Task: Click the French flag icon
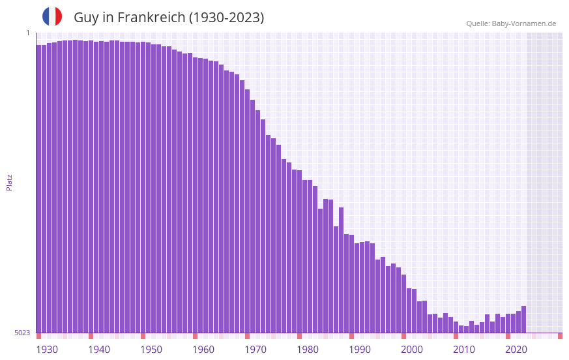52,16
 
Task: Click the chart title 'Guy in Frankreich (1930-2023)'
169,18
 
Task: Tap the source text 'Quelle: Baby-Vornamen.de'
511,23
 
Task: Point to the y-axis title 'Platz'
9,182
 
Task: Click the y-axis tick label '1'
27,33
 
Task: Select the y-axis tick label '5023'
22,333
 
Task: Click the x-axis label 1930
47,350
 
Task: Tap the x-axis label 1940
99,350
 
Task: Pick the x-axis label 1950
151,350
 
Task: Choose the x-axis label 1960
203,350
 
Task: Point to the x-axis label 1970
255,350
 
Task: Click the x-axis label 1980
308,350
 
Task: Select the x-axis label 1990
360,350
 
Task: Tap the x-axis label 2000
412,350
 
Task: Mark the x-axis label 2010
464,350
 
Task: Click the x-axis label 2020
516,350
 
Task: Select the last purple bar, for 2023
523,320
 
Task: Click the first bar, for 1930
38,189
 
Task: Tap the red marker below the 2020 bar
508,336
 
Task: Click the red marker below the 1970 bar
247,336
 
